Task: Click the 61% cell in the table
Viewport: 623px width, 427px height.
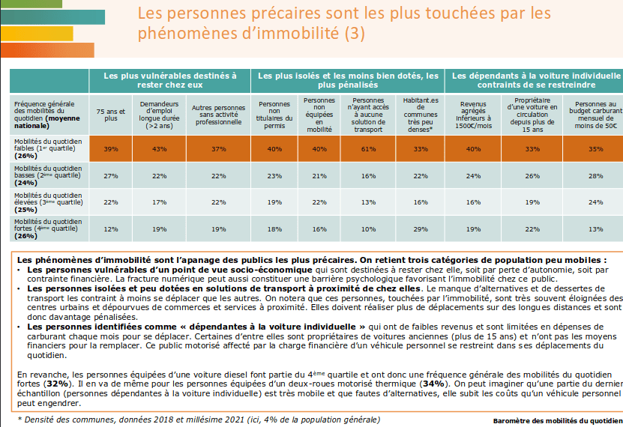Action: [368, 149]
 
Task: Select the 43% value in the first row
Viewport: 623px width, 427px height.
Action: [159, 149]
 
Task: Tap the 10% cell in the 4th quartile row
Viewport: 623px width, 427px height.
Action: [368, 228]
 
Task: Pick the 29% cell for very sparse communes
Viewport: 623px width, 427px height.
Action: [420, 228]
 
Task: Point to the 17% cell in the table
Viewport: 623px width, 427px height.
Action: [159, 202]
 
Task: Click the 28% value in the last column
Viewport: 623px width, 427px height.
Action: [595, 176]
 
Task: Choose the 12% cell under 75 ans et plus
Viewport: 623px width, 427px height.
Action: [111, 228]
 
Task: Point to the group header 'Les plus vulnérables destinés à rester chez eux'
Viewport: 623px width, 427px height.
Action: [169, 79]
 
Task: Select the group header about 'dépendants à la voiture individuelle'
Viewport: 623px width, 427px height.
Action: [535, 79]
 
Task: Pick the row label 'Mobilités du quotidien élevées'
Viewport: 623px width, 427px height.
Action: [44, 202]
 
